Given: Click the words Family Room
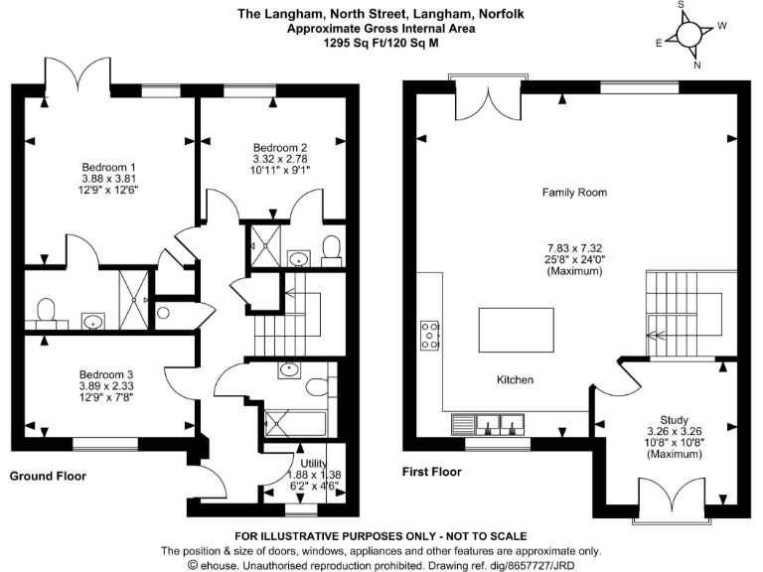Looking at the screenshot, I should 573,193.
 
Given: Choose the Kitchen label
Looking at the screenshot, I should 515,380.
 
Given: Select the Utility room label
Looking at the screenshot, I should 320,463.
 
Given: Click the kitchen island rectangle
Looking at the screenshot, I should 517,326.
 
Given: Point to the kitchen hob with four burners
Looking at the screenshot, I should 431,337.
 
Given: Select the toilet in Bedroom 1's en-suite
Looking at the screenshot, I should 44,314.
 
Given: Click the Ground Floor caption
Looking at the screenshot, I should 48,477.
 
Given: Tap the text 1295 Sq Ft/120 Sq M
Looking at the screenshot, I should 381,43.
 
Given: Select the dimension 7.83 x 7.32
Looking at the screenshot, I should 573,246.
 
